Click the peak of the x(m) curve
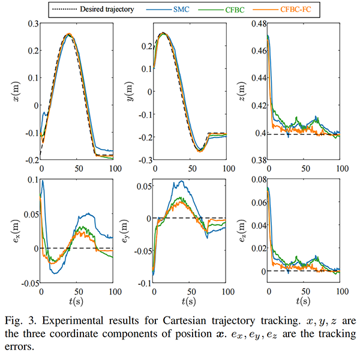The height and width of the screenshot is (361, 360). point(69,34)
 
